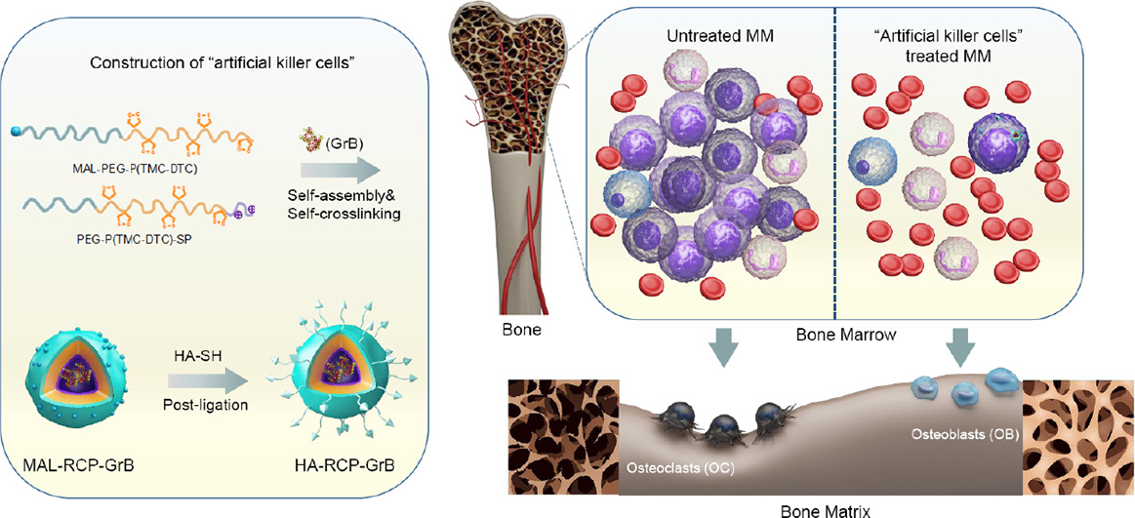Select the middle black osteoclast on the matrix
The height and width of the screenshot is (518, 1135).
click(723, 426)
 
